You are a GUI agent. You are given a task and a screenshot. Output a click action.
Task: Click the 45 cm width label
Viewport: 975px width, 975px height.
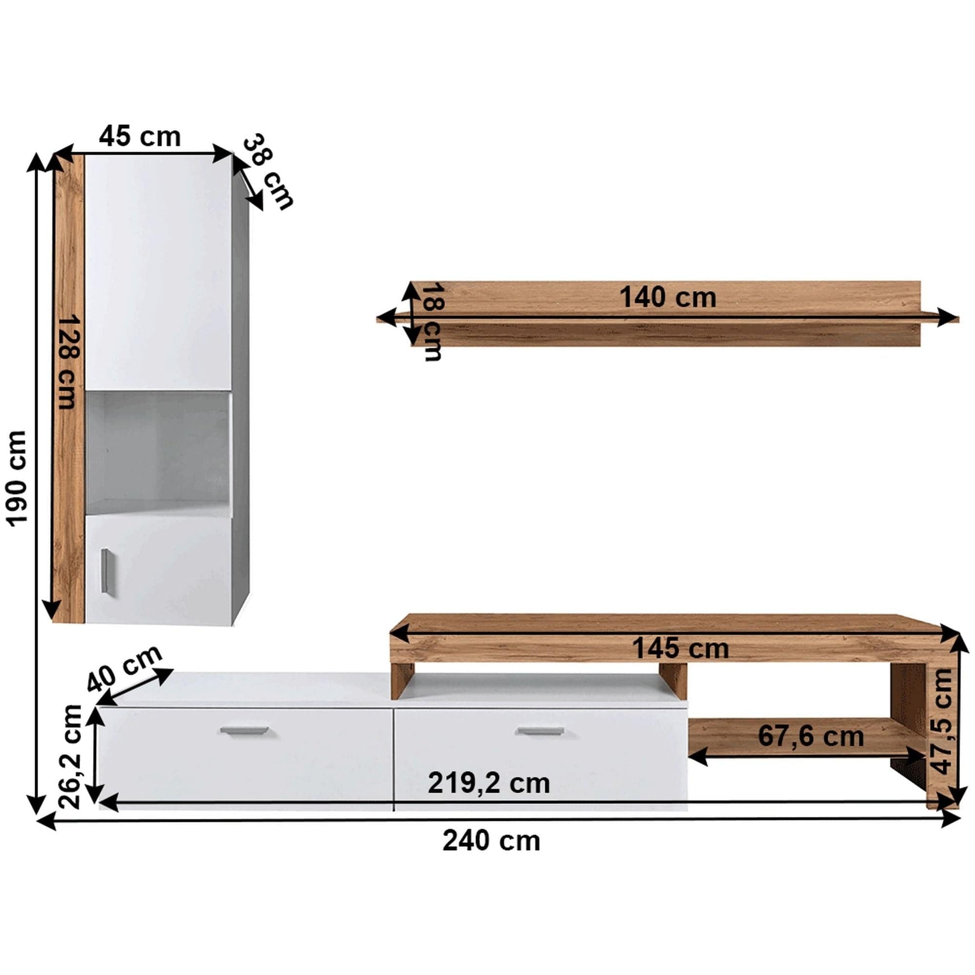click(140, 137)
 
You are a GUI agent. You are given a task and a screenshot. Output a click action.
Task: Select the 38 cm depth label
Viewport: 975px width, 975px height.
click(268, 172)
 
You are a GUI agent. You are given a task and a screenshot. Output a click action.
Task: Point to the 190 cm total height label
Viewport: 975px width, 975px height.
click(17, 478)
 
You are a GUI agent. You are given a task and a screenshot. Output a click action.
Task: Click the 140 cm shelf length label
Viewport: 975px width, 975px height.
click(667, 297)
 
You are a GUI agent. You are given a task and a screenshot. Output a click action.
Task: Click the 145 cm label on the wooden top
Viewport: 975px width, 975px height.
click(680, 648)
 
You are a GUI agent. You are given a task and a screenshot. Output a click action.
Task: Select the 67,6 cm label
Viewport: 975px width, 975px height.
click(811, 736)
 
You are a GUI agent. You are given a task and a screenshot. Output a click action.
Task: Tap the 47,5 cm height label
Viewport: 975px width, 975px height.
click(942, 721)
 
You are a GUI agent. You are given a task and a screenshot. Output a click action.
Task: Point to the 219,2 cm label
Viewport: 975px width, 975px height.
click(488, 783)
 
